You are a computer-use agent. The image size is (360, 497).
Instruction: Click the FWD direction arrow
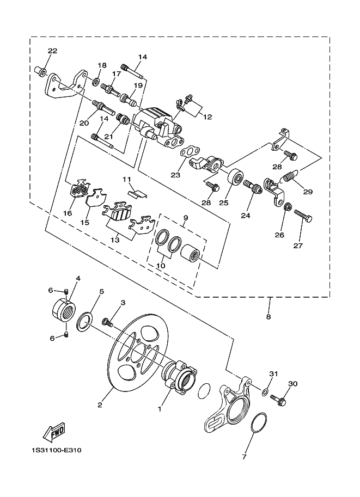coord(53,432)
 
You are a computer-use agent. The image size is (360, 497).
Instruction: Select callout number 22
coord(52,51)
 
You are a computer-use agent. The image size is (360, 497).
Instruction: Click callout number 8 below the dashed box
coord(269,316)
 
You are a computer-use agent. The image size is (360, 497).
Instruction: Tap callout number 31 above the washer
coord(273,373)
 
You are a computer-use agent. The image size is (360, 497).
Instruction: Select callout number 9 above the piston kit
coord(185,218)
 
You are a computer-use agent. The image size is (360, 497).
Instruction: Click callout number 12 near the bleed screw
coord(206,116)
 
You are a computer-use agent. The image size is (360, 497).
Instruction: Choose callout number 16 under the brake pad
coord(67,213)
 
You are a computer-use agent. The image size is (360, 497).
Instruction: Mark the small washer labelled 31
coord(264,391)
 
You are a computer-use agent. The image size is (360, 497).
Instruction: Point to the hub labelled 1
coord(178,377)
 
